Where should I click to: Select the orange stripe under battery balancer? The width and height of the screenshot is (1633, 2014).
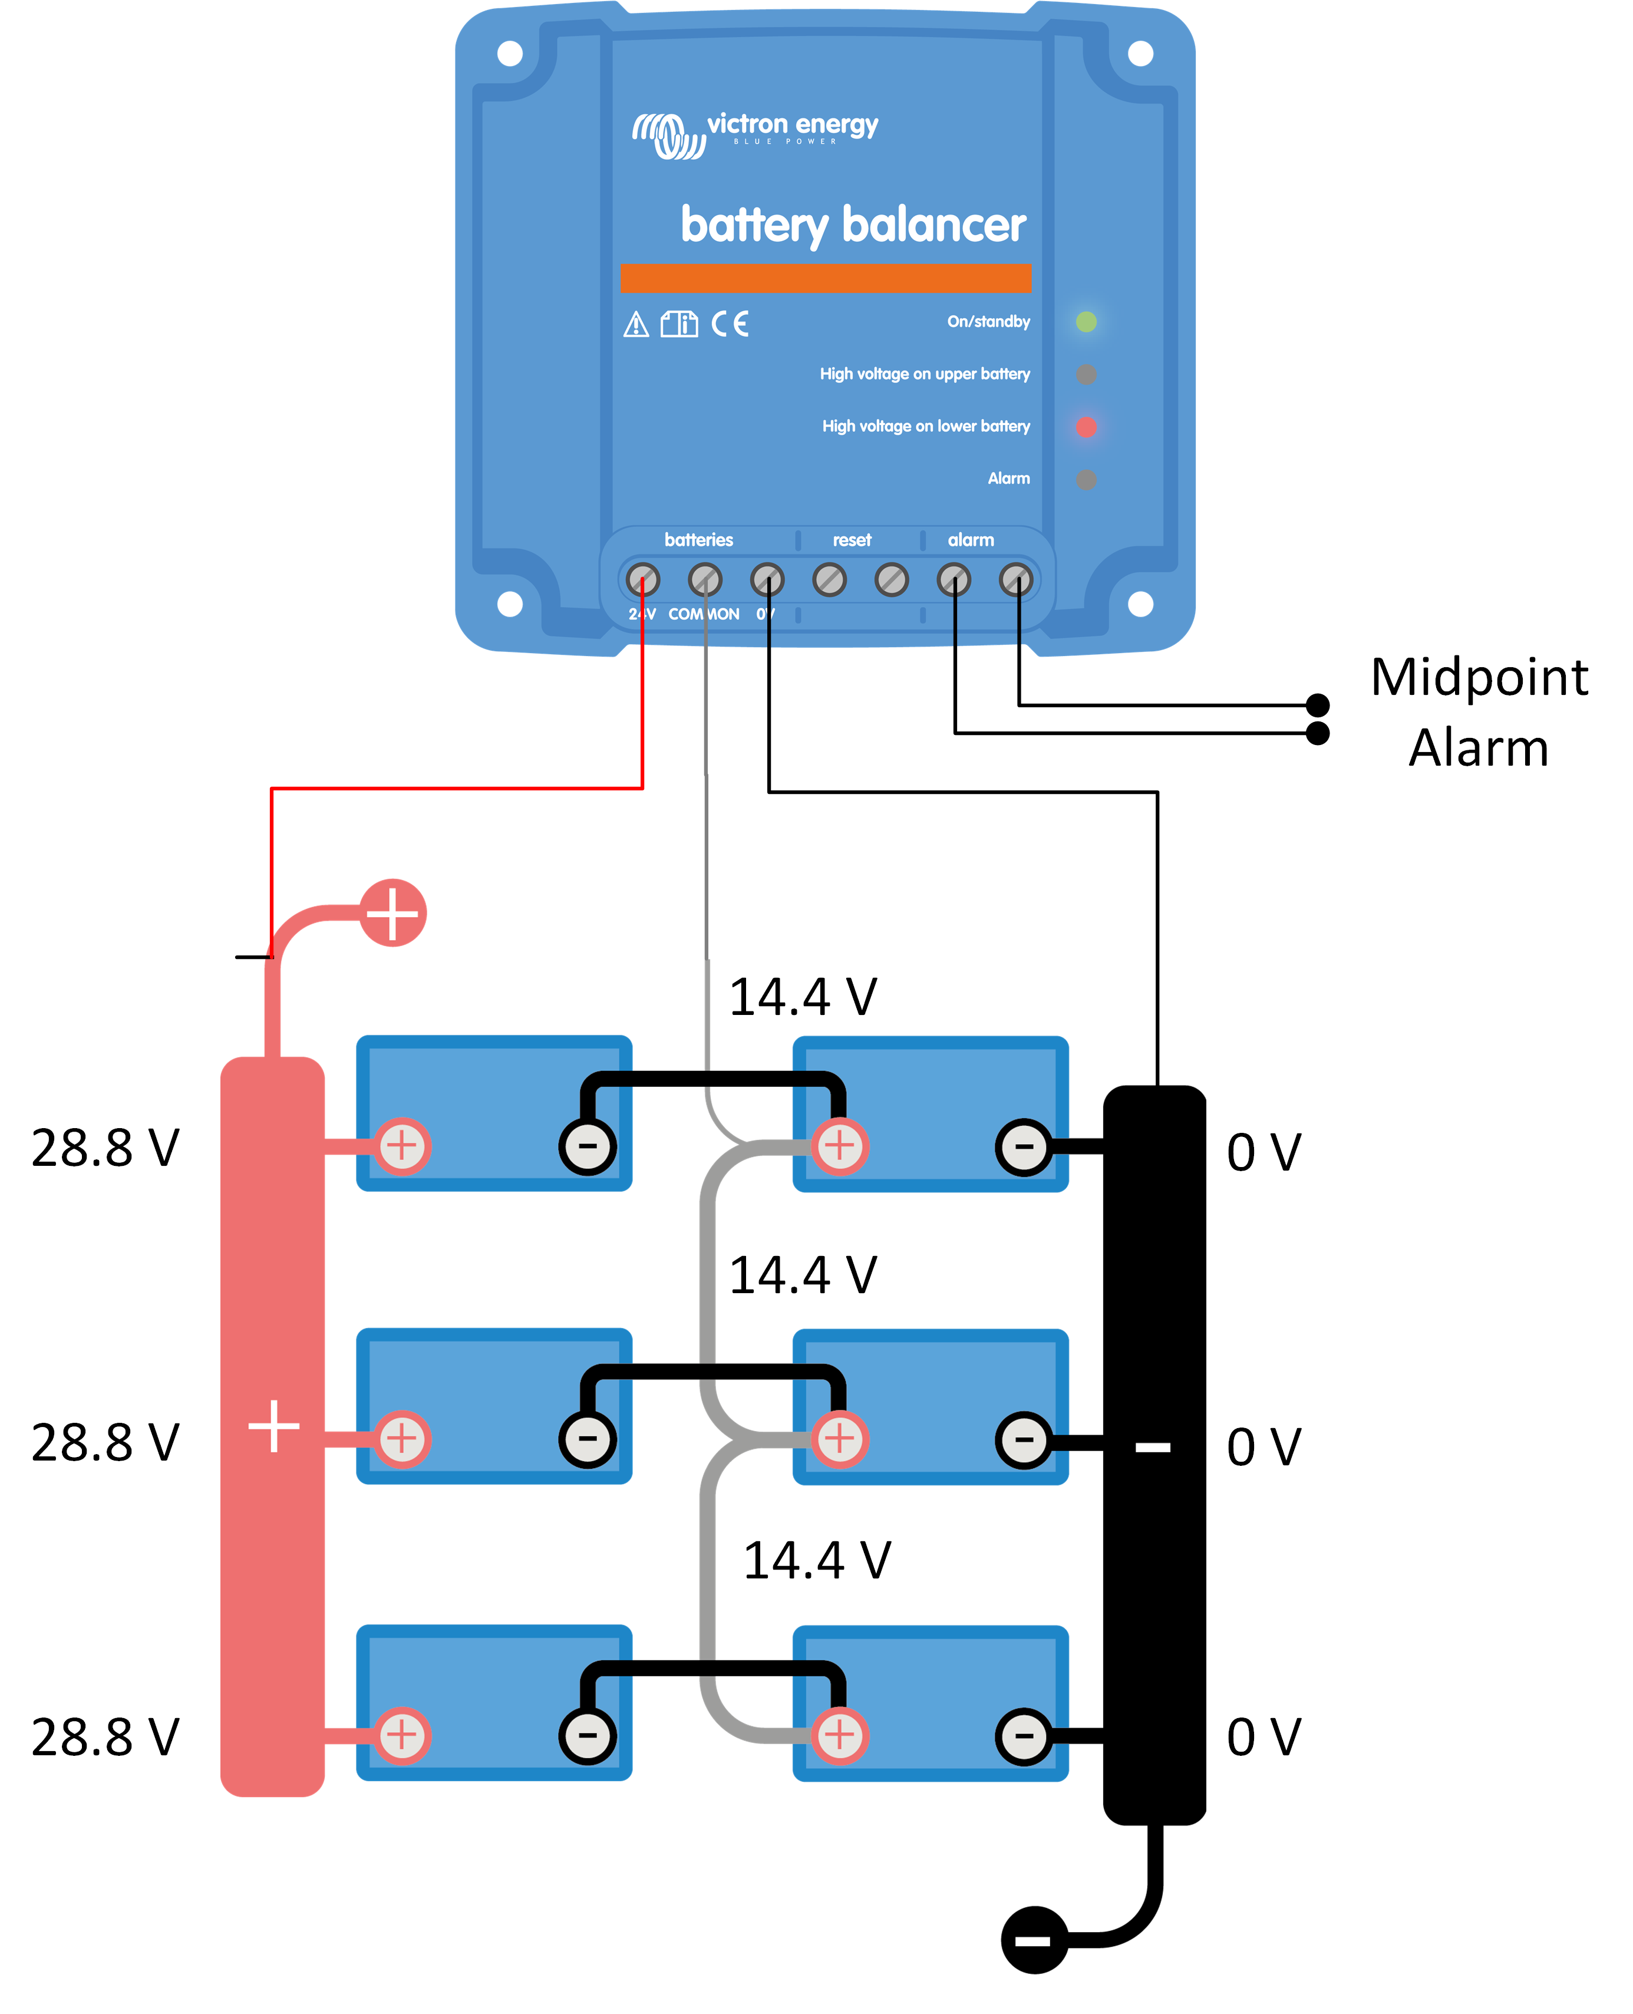[x=825, y=278]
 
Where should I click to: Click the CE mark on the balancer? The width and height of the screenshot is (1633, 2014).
[x=730, y=324]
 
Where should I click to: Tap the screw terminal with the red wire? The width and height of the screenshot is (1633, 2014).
[x=642, y=579]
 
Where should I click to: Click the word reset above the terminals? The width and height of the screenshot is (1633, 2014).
[x=852, y=540]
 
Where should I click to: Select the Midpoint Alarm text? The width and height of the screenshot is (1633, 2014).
[x=1478, y=712]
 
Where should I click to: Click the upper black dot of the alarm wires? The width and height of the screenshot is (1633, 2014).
[x=1318, y=704]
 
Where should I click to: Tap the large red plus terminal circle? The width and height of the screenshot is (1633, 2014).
[x=393, y=912]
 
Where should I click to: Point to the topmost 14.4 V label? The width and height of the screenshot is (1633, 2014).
[x=803, y=997]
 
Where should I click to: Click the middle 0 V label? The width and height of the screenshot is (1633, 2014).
[x=1263, y=1447]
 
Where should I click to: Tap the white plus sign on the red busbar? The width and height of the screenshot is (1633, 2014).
[x=273, y=1426]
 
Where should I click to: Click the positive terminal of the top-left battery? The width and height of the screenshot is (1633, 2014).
[x=403, y=1146]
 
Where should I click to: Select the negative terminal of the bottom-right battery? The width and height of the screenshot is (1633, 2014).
[x=1024, y=1736]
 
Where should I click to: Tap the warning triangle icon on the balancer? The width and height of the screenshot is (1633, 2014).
[x=636, y=325]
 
